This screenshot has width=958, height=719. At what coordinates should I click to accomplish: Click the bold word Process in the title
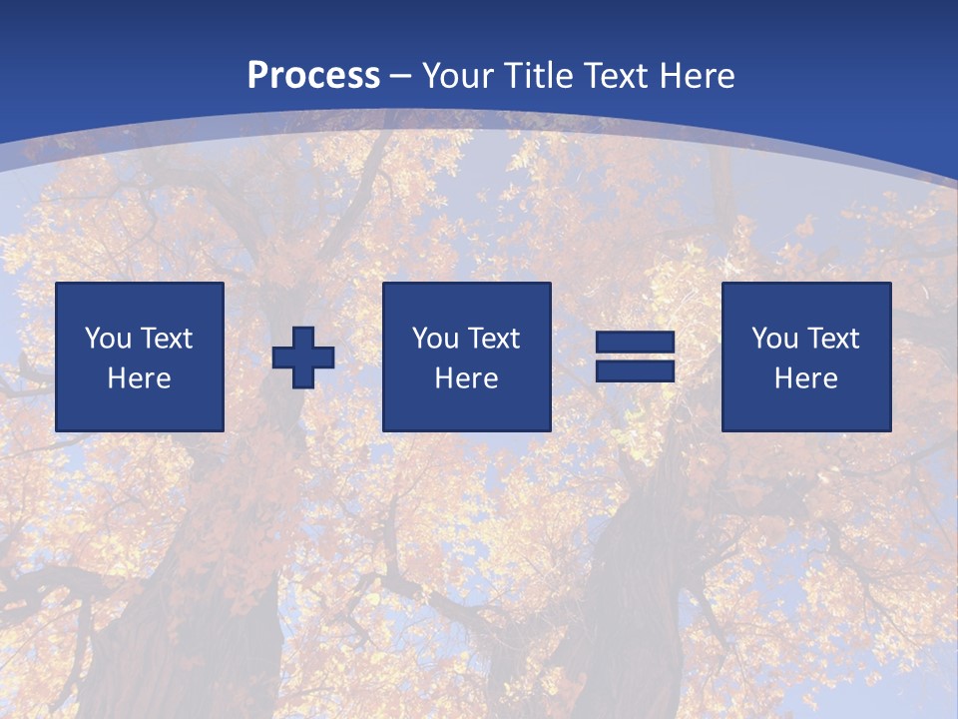coord(313,76)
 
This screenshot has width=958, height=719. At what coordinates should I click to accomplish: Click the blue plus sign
coord(303,358)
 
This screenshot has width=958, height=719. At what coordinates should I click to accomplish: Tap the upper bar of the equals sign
coord(635,343)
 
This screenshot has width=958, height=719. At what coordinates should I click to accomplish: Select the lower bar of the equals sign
coord(635,370)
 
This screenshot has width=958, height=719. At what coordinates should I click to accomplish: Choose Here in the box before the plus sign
coord(139,378)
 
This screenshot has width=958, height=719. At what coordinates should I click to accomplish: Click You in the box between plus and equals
coord(436,339)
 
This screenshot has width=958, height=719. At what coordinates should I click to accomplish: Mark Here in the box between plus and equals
coord(466,378)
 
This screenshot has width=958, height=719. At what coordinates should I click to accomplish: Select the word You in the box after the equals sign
coord(775,339)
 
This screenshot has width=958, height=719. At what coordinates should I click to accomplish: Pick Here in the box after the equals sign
coord(805,378)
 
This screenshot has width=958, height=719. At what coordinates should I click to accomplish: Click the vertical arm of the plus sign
coord(303,337)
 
